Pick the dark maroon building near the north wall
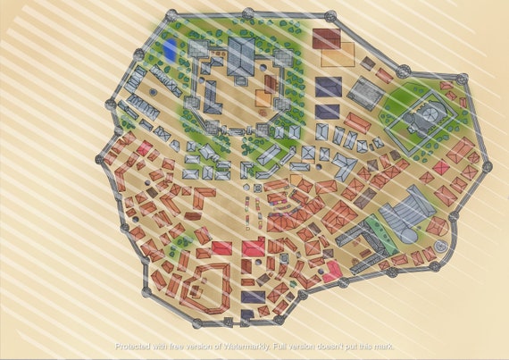point(326,39)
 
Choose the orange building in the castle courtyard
point(265,97)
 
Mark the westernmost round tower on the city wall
point(99,159)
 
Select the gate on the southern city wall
point(235,320)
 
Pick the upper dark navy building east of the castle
point(328,87)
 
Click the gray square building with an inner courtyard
point(364,93)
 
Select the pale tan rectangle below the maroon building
point(338,58)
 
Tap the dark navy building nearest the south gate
point(253,296)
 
